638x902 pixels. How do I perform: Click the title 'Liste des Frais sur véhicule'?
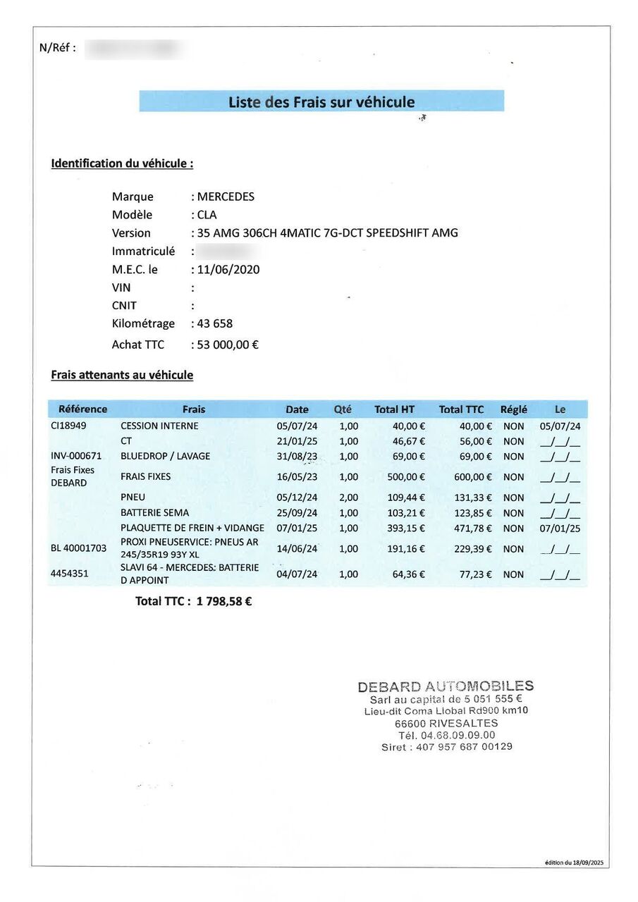click(321, 102)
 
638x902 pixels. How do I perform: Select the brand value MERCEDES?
click(226, 197)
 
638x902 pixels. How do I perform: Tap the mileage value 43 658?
click(214, 323)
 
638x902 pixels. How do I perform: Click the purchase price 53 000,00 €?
click(228, 345)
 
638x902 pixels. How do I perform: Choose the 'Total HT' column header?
click(394, 409)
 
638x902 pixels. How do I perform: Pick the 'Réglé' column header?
click(513, 409)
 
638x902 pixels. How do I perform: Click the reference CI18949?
click(68, 426)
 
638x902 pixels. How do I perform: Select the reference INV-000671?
click(76, 456)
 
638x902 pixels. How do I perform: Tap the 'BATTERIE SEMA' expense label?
click(154, 513)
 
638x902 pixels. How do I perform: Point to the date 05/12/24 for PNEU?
click(297, 498)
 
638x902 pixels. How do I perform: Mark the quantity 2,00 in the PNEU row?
click(348, 498)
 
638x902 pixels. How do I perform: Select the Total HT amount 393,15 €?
click(406, 529)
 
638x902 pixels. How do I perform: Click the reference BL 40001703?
click(78, 548)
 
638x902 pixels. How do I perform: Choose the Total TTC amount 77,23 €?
click(475, 574)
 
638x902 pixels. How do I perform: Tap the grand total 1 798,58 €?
click(224, 602)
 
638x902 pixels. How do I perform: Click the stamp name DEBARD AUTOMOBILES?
click(446, 686)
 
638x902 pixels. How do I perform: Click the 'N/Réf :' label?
click(58, 48)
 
